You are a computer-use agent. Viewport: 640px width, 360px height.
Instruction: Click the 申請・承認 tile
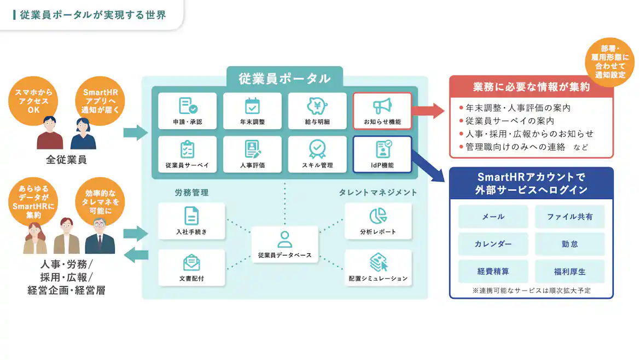coord(187,111)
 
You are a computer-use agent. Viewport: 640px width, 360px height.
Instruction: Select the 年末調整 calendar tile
coord(252,111)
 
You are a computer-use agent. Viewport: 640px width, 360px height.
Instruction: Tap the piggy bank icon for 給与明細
coord(317,105)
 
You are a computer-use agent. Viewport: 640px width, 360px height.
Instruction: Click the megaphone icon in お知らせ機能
coord(382,105)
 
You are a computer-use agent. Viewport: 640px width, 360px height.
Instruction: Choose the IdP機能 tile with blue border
coord(382,154)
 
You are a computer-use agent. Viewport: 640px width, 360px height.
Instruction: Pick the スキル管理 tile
coord(317,154)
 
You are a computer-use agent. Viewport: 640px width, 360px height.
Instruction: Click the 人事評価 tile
coord(252,154)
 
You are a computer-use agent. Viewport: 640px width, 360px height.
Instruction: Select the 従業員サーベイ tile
coord(187,154)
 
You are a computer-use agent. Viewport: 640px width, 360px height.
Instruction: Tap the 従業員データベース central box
coord(284,244)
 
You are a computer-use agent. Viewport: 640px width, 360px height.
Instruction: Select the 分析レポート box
coord(378,221)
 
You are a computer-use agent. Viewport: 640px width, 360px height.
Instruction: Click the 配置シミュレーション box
coord(378,268)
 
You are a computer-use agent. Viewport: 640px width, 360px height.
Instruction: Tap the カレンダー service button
coord(493,244)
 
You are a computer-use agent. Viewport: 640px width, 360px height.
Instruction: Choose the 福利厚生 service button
coord(569,271)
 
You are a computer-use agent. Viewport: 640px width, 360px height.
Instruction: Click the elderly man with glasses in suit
coord(100,236)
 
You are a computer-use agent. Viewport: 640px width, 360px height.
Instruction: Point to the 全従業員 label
coord(66,160)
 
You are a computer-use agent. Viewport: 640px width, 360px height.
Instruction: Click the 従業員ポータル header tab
coord(284,78)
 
